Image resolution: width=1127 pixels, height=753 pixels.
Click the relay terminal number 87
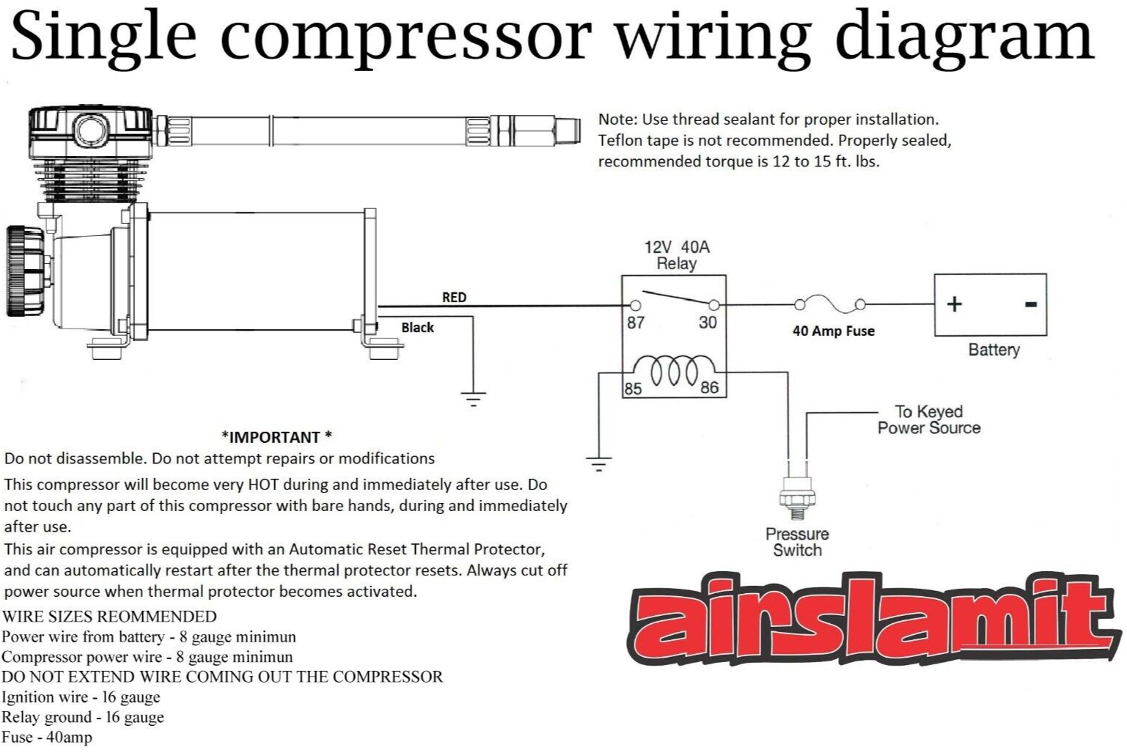pos(635,323)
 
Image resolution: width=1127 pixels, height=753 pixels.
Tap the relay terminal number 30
pos(707,323)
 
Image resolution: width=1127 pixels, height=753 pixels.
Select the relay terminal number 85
pos(632,388)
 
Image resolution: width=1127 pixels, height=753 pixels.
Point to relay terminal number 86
pos(709,387)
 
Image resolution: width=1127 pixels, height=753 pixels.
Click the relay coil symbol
pos(674,370)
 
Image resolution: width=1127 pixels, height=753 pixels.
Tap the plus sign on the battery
pos(954,304)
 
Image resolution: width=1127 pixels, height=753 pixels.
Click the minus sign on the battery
pos(1030,304)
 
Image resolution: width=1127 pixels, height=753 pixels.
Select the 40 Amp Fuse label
pos(833,331)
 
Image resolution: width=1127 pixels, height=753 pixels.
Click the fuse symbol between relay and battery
pos(828,304)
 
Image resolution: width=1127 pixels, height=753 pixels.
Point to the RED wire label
pos(454,297)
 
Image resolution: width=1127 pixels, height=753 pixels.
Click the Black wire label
pos(417,328)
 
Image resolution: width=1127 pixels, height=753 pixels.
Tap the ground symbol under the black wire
pos(473,399)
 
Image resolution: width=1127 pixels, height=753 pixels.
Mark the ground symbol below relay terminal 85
pos(599,463)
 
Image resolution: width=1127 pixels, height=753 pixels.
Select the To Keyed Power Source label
pos(928,419)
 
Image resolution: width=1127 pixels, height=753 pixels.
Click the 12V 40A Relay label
pos(676,255)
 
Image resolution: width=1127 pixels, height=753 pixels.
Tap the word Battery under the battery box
pos(994,350)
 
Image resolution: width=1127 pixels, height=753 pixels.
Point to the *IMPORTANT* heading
pos(276,437)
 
